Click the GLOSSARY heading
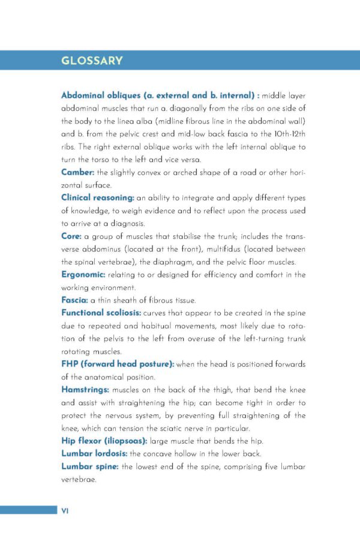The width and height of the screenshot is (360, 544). click(92, 61)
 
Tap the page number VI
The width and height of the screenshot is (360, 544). click(65, 510)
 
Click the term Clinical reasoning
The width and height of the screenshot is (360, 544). click(97, 198)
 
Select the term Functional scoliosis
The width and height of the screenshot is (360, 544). click(101, 313)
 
